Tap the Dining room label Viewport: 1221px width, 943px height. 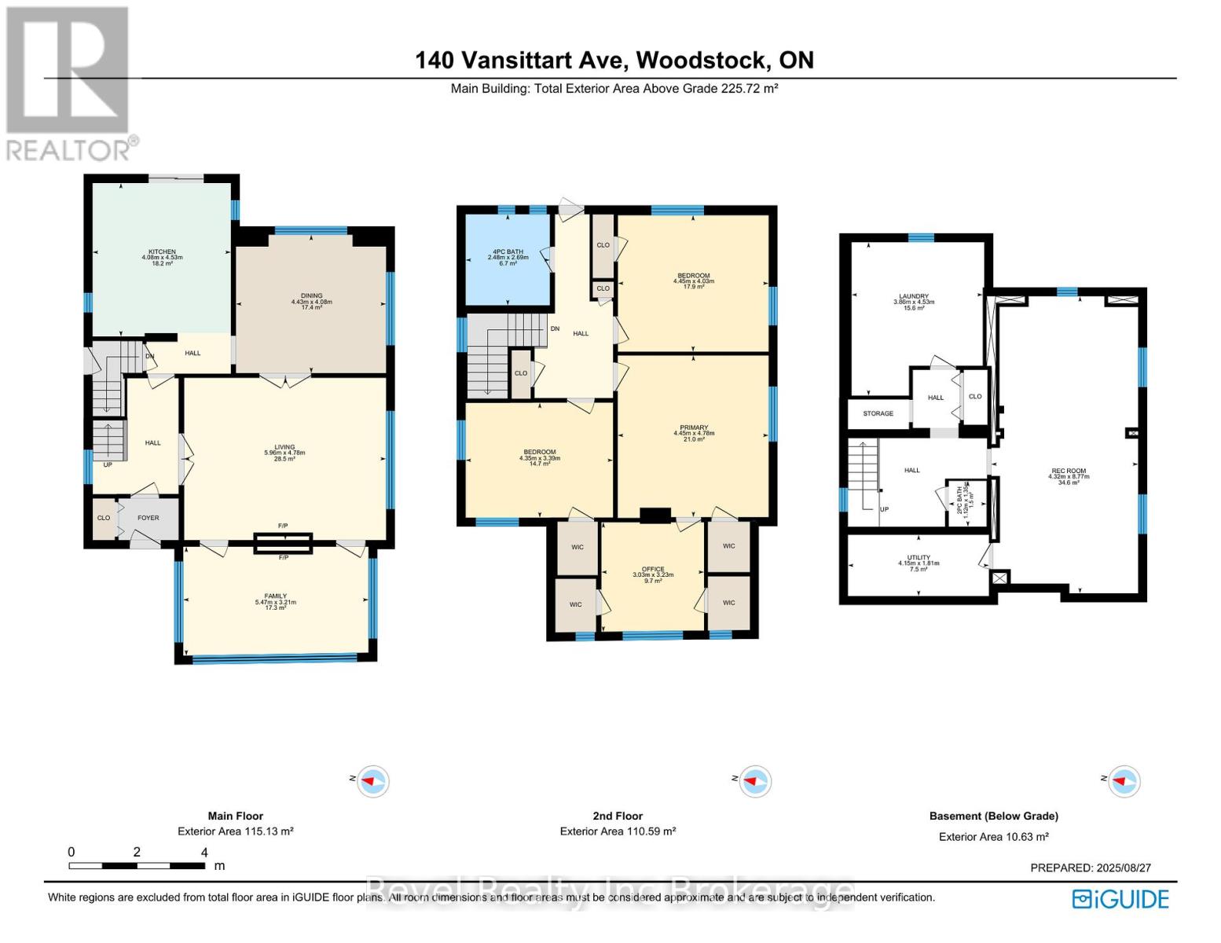311,296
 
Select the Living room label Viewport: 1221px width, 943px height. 284,447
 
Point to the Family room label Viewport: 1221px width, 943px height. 275,596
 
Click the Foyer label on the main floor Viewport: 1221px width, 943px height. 148,518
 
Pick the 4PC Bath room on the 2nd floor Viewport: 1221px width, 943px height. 508,252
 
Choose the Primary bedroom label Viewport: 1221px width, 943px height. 694,427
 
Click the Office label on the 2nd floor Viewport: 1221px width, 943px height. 653,569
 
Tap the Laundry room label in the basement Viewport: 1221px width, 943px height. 914,296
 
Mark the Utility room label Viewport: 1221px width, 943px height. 918,558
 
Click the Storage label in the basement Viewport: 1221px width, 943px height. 878,413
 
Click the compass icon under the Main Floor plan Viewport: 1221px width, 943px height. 372,781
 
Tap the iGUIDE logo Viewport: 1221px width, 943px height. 1121,899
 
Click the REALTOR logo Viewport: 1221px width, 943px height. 69,83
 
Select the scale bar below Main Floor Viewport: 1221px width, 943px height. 137,865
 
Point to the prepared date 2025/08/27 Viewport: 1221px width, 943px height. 1090,868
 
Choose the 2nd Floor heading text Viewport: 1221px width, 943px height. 618,816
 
